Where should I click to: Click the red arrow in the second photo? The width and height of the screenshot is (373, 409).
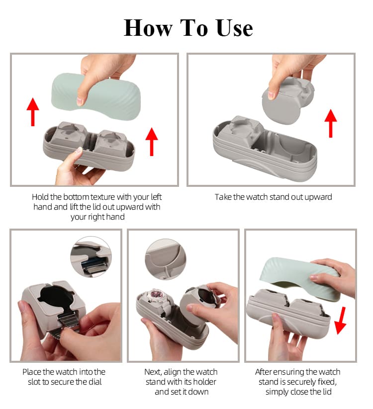click(330, 122)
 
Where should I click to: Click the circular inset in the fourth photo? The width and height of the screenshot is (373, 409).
click(166, 257)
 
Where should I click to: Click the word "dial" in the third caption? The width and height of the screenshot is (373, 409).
click(95, 382)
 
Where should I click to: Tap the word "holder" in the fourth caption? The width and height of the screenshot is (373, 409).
click(206, 382)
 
